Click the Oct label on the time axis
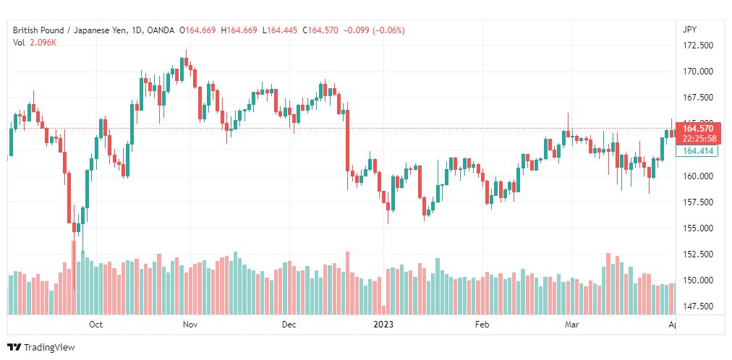tap(95, 325)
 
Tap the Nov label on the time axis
tap(190, 325)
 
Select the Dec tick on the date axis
tap(289, 325)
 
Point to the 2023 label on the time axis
tap(383, 325)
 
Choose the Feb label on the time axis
tap(482, 325)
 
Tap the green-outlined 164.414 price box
tap(697, 150)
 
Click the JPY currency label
tap(689, 30)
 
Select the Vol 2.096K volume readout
tap(35, 43)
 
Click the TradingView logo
tap(41, 348)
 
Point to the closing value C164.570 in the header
tap(320, 30)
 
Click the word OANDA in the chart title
tap(160, 30)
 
